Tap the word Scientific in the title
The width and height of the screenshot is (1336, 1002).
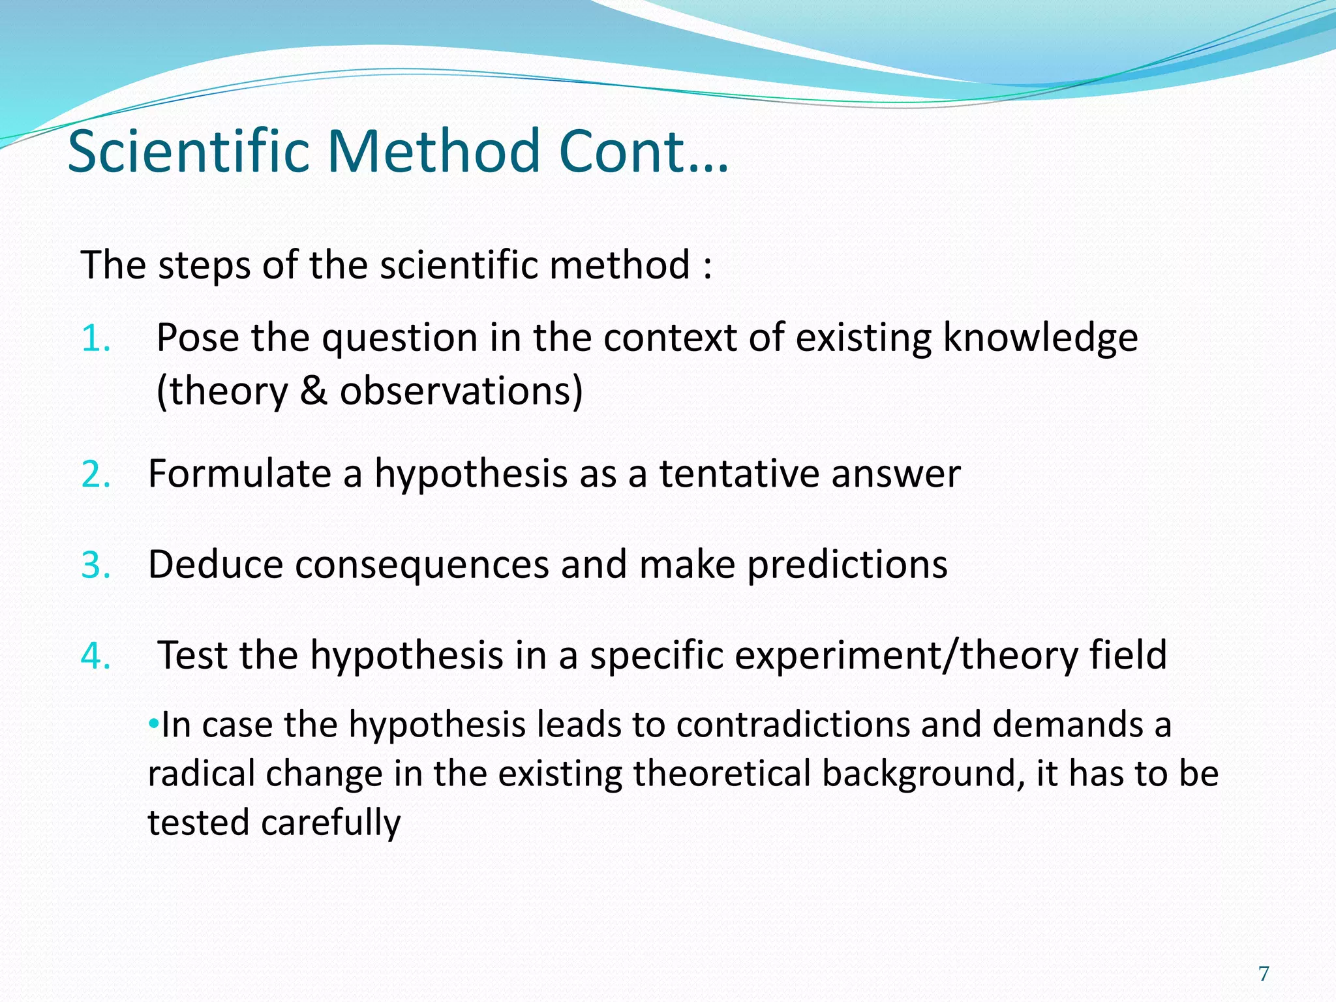pos(189,151)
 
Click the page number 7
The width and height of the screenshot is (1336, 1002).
pos(1264,974)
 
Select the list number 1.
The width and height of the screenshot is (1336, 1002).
pos(95,339)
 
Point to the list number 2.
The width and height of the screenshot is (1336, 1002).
pos(95,474)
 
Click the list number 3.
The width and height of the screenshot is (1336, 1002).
pos(95,565)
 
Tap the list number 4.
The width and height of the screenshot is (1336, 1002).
pos(95,656)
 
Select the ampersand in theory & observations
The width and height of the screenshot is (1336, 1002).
pos(314,391)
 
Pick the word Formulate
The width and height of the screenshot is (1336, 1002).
pos(239,474)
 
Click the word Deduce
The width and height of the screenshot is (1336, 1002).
pos(215,565)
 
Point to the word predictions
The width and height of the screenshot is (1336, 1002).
pos(847,565)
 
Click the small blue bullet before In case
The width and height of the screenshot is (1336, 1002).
pos(153,723)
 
